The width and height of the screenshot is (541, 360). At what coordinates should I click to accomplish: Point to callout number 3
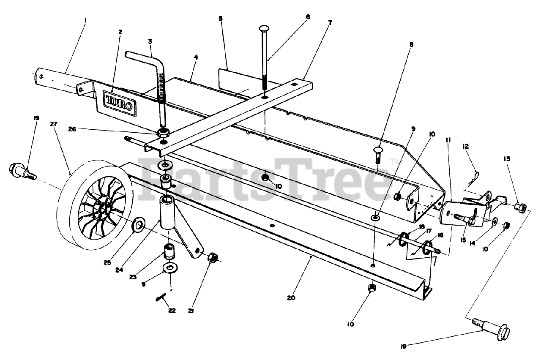tap(150, 41)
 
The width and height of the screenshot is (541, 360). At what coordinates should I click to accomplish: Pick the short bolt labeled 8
tap(377, 155)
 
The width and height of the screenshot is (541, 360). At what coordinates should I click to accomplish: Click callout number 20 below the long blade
tap(291, 297)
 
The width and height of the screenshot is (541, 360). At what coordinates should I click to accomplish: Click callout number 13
tap(507, 159)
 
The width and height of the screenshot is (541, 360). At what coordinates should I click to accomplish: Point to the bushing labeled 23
tap(170, 252)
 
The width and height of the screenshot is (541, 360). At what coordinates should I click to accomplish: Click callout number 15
tap(463, 240)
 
